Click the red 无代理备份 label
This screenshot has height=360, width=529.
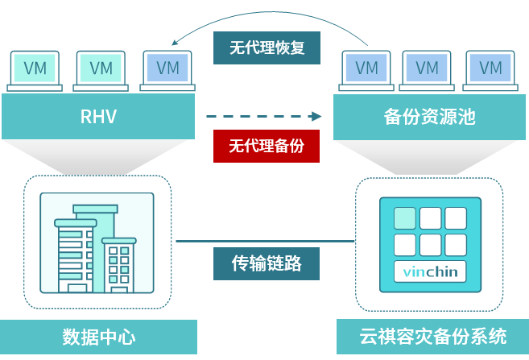click(x=266, y=146)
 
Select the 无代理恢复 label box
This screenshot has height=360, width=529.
click(x=266, y=48)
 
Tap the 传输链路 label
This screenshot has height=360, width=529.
click(x=266, y=263)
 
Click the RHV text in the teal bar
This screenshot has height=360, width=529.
click(x=98, y=117)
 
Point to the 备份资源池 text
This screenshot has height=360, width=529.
click(x=429, y=117)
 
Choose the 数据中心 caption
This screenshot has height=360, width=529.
click(x=98, y=337)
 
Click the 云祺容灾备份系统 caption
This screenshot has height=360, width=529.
click(x=432, y=337)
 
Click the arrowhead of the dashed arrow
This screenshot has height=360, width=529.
click(x=317, y=117)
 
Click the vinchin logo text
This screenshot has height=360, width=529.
click(x=430, y=271)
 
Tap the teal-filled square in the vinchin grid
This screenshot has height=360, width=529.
click(x=405, y=218)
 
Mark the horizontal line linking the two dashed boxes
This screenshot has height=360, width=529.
click(x=266, y=241)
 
